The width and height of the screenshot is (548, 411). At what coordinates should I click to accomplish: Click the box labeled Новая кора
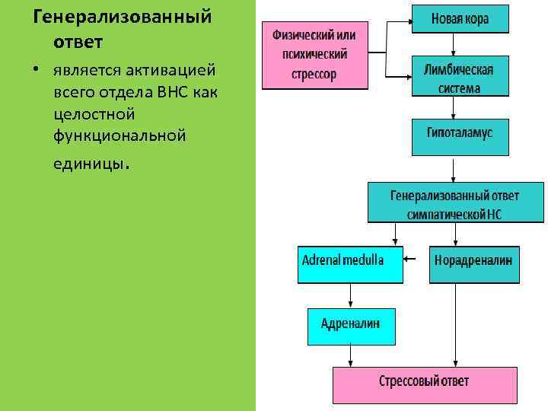460,18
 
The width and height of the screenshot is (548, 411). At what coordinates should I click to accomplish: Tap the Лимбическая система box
460,78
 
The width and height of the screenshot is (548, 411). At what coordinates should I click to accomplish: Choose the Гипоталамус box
460,132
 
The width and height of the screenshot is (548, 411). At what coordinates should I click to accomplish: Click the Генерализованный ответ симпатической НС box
455,202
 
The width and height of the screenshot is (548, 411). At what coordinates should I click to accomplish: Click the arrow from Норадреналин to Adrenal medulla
416,260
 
